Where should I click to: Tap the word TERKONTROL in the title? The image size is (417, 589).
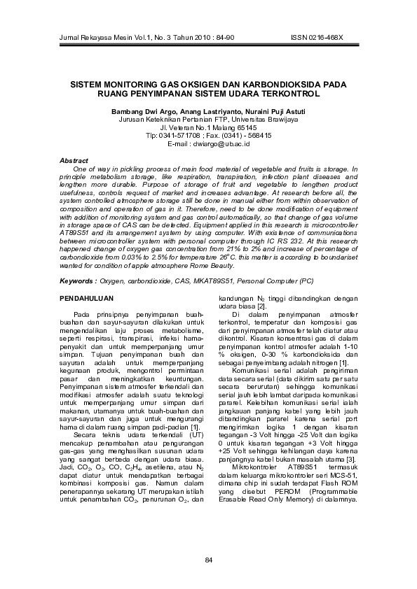click(284, 92)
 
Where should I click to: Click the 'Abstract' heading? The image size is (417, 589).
click(74, 161)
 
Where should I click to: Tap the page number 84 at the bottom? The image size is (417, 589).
click(208, 558)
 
